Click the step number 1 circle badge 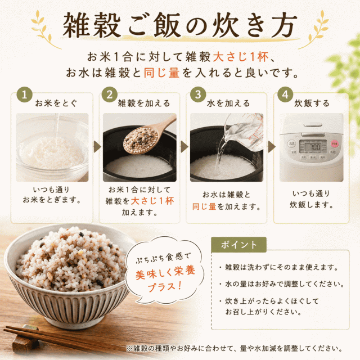click(25, 94)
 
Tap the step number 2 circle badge click(110, 94)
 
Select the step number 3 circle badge click(198, 94)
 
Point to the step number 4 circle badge click(285, 94)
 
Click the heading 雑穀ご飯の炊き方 click(180, 25)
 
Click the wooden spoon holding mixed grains click(147, 136)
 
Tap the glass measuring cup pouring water click(244, 133)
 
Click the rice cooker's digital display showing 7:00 click(313, 146)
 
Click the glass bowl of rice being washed click(52, 149)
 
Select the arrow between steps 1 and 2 click(97, 147)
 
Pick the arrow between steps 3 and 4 click(272, 147)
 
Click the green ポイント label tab click(238, 245)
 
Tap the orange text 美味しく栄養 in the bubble click(165, 273)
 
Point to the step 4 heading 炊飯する click(312, 103)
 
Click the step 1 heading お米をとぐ click(56, 103)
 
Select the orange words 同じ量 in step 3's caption click(204, 206)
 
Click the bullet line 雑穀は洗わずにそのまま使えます click(279, 267)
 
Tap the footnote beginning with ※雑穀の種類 click(235, 348)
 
